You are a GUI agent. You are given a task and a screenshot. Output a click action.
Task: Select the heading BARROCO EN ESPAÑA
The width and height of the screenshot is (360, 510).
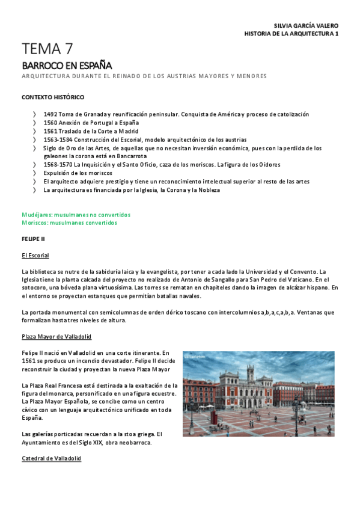point(67,65)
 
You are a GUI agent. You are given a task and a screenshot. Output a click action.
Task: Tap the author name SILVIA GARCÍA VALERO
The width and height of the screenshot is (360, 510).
point(306,26)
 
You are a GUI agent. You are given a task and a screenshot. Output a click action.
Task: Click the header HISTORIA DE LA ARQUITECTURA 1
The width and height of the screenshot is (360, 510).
point(291,34)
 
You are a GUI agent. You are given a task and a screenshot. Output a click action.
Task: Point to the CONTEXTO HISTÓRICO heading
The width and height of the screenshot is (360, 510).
point(53,97)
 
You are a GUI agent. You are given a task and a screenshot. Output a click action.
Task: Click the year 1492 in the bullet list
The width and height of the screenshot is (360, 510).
point(50,114)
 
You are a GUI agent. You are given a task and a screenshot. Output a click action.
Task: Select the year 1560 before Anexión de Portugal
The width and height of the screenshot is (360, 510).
point(50,123)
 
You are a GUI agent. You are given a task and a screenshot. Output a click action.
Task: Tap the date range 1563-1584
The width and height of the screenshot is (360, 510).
point(57,140)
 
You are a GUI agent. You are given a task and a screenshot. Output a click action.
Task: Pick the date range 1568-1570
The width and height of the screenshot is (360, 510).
point(57,164)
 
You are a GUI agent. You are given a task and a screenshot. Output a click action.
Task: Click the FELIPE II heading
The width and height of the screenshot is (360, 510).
point(34,239)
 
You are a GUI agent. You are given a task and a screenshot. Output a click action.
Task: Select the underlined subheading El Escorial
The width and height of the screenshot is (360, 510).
point(35,256)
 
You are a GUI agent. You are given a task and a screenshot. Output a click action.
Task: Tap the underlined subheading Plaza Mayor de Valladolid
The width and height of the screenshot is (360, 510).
point(56,337)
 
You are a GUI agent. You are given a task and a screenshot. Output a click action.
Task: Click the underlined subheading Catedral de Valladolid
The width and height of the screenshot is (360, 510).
point(51,458)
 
